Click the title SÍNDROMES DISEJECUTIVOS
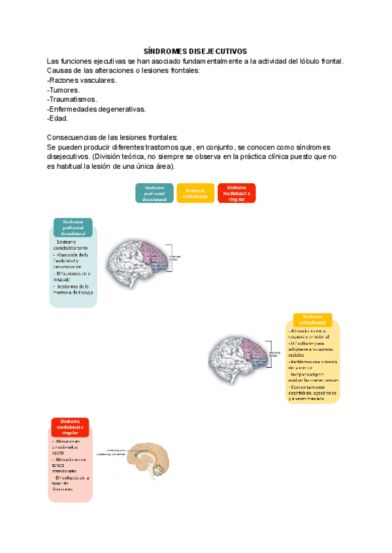click(x=195, y=51)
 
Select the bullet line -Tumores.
click(x=64, y=90)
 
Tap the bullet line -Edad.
click(x=57, y=119)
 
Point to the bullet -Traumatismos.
click(x=72, y=100)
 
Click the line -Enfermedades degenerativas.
click(x=97, y=110)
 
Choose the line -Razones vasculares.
click(x=82, y=80)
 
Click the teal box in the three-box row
click(x=154, y=193)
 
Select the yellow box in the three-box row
click(x=195, y=193)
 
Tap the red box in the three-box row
click(x=237, y=193)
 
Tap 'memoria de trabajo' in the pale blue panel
click(x=73, y=293)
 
